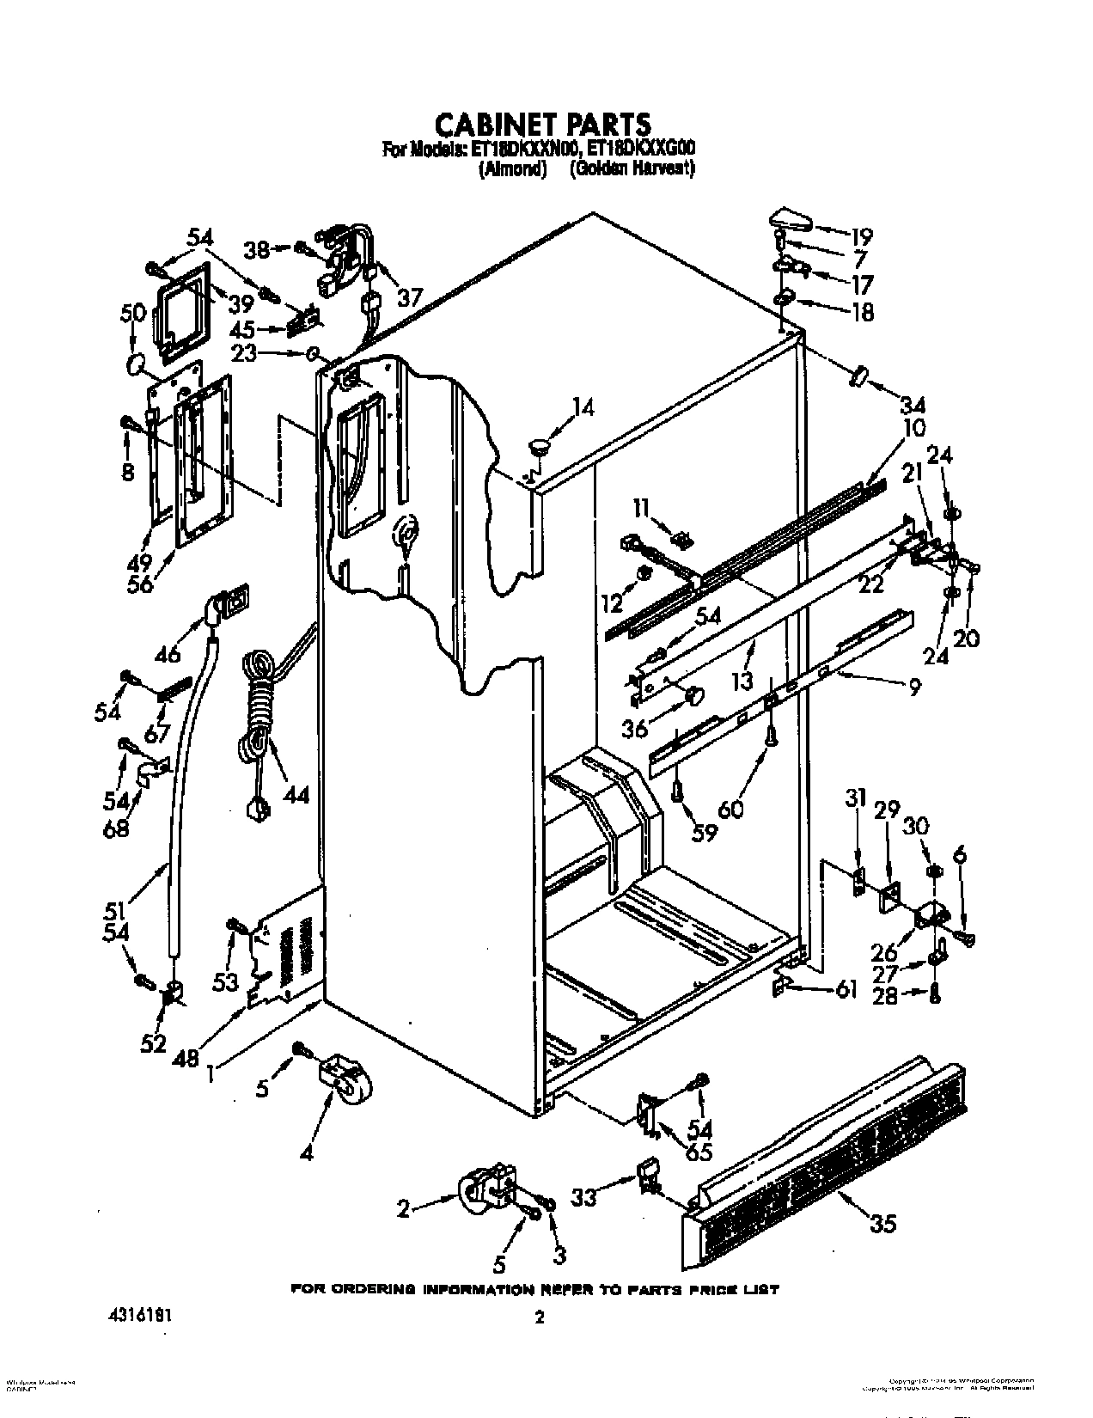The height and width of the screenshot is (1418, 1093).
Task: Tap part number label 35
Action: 883,1223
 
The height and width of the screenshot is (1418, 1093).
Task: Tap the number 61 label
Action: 846,991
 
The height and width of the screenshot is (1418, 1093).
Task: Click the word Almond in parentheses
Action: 512,170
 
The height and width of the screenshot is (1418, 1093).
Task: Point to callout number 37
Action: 410,297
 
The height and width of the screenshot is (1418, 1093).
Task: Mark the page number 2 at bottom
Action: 540,1317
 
